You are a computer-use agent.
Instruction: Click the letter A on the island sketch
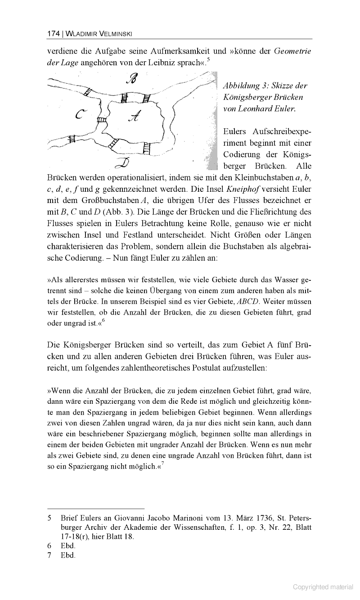click(x=135, y=117)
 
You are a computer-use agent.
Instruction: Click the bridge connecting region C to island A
click(x=102, y=120)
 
